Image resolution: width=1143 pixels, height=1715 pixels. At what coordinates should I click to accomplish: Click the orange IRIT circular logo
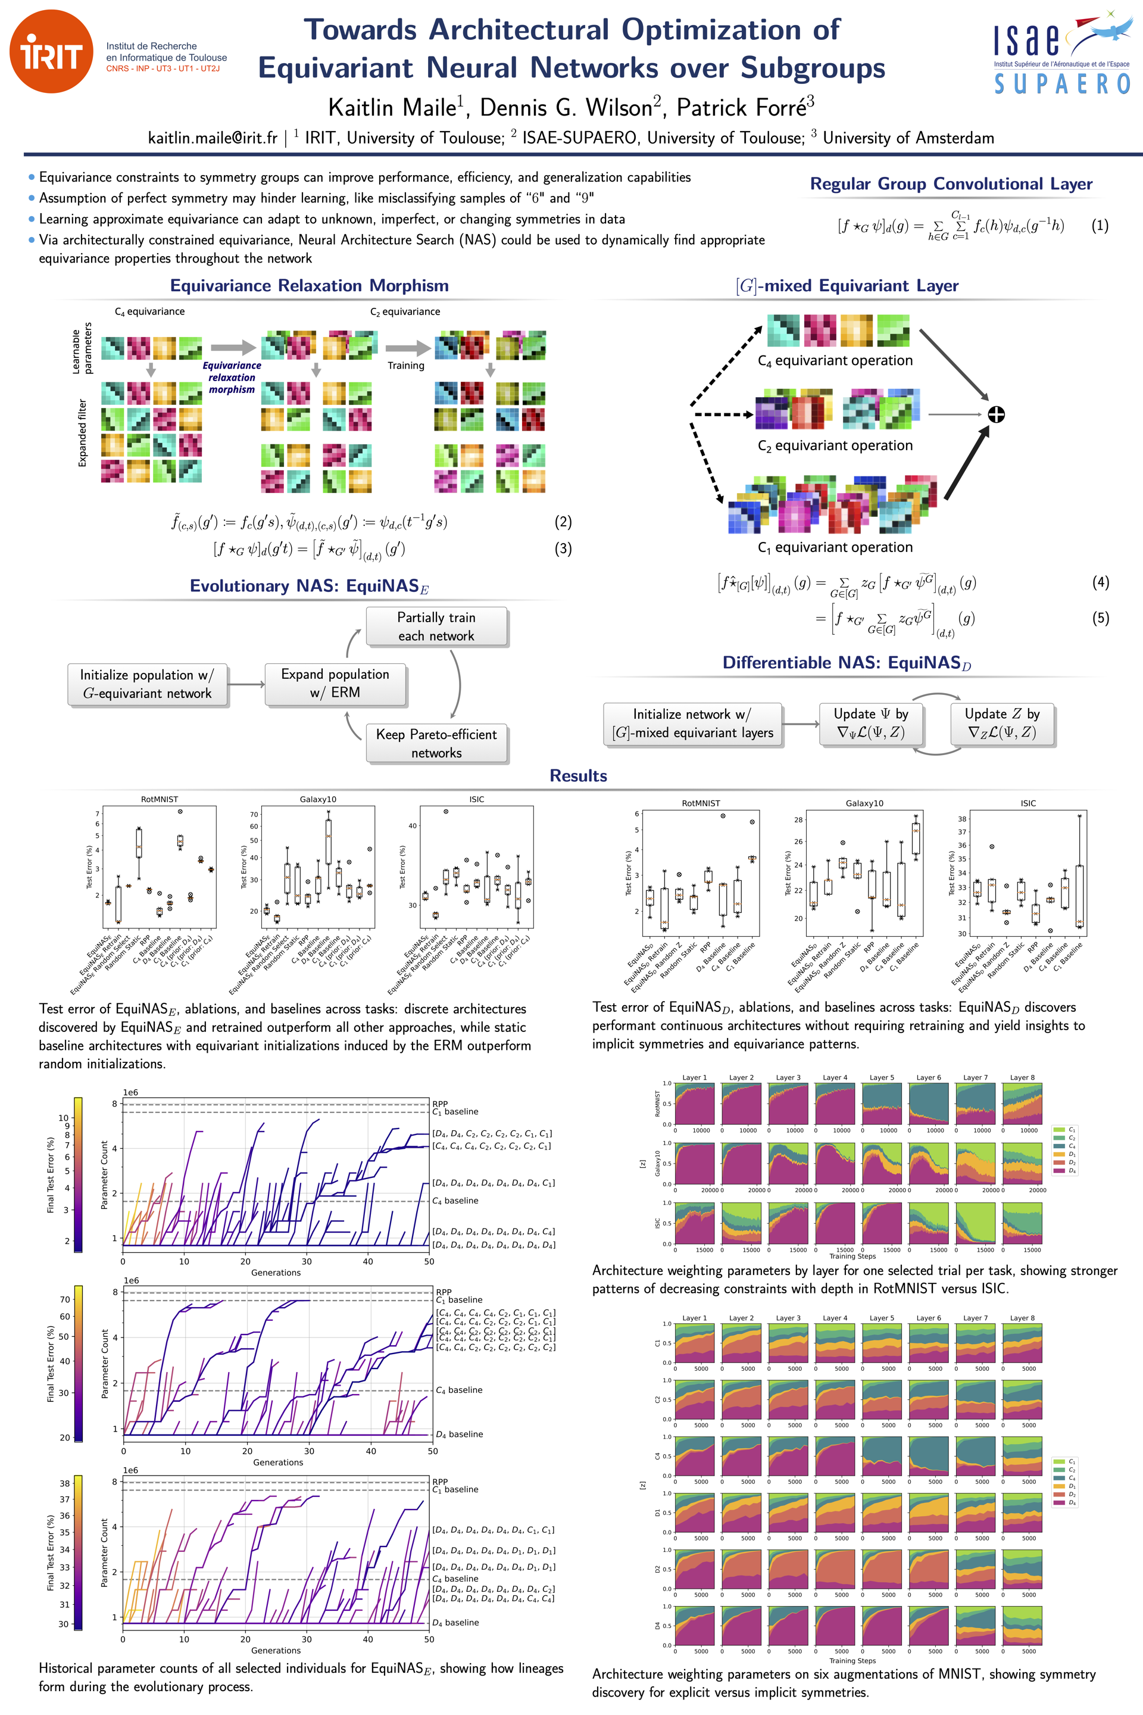(51, 52)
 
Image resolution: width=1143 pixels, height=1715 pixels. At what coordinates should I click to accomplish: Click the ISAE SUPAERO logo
(1061, 55)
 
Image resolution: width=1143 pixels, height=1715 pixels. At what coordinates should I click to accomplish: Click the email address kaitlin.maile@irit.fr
(212, 138)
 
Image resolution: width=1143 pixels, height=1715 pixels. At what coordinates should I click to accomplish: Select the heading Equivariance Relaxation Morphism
(309, 286)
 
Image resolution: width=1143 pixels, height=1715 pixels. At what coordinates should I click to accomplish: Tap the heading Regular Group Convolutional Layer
(951, 184)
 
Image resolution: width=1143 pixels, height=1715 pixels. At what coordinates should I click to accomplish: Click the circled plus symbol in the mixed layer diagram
(996, 414)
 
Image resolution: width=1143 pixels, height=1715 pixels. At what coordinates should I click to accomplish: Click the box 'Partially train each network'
(436, 626)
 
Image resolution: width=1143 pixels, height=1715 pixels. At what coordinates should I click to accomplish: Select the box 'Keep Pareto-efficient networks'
(436, 743)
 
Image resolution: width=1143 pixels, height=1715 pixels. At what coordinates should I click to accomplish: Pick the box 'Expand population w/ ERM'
(335, 683)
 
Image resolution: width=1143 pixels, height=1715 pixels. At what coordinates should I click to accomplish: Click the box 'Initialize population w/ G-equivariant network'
(146, 684)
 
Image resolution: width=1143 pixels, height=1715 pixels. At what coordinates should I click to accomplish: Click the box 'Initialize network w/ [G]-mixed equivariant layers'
(692, 724)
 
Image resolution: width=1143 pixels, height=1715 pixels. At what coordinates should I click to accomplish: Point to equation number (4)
(1100, 582)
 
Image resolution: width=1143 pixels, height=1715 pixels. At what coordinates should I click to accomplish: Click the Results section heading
(578, 776)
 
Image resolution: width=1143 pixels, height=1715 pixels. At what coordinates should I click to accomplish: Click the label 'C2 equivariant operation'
(835, 445)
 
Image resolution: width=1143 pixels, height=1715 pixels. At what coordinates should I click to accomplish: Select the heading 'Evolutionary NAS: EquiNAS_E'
(309, 586)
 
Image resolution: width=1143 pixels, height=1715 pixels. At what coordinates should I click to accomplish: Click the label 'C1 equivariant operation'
(835, 547)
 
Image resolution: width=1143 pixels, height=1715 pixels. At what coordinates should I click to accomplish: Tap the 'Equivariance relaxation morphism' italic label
(232, 378)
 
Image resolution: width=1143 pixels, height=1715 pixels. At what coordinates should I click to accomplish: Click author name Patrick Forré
(744, 108)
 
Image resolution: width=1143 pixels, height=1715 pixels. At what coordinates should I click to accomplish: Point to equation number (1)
(1100, 225)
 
